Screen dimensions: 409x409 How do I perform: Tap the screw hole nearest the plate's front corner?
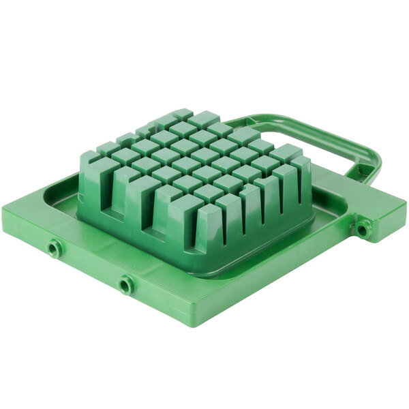pos(125,284)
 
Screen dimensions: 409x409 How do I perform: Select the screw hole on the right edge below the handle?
pos(361,230)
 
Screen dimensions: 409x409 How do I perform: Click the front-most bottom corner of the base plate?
pos(185,326)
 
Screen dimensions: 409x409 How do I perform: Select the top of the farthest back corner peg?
pos(183,113)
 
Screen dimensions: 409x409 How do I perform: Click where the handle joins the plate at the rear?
pos(232,122)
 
